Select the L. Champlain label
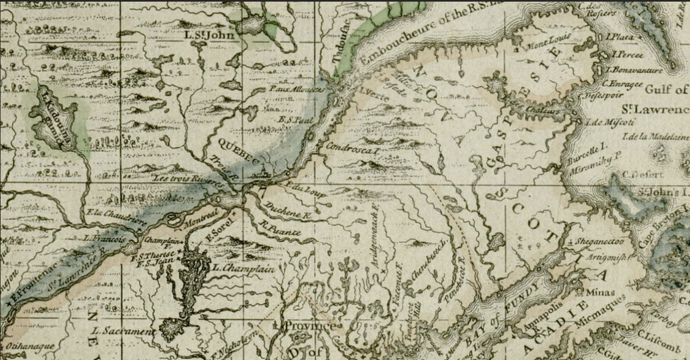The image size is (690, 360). tap(243, 268)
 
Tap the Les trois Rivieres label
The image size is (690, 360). tap(188, 180)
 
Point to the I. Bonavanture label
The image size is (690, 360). tap(634, 70)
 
